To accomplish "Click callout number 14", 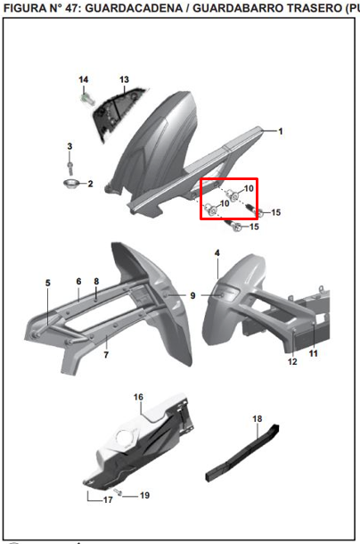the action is (x=83, y=79).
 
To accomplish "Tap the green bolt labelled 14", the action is (x=87, y=99).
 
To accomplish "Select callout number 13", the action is (x=124, y=79).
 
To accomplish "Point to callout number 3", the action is (x=70, y=146).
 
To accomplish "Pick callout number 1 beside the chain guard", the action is (x=281, y=131).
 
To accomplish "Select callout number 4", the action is (x=217, y=253).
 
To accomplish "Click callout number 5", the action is (x=48, y=283).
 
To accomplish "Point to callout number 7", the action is (x=106, y=354).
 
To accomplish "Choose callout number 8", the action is (x=96, y=281).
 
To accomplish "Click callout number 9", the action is (x=192, y=295).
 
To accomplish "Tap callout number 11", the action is (x=313, y=353).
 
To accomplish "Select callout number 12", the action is (x=292, y=361).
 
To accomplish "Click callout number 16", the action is (x=138, y=397).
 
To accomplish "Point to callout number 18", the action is (x=257, y=419).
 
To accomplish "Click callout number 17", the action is (x=108, y=499).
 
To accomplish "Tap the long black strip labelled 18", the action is (x=242, y=453).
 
